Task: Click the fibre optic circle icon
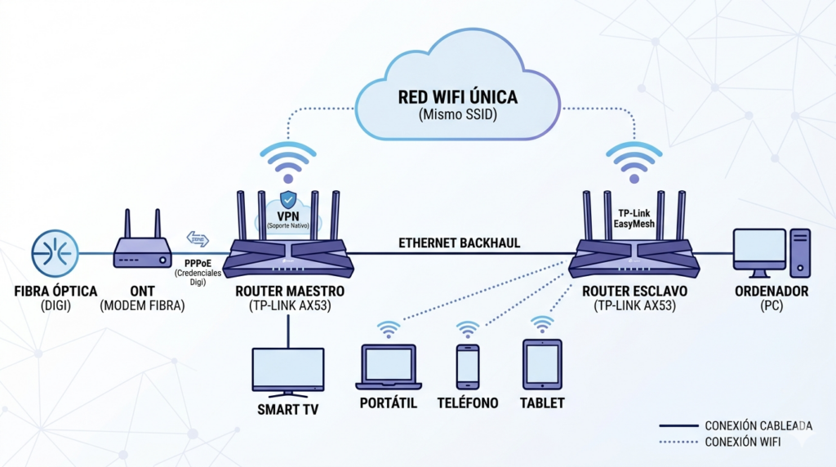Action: coord(55,252)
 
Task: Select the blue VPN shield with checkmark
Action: coord(288,200)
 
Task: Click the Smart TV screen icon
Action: coord(287,371)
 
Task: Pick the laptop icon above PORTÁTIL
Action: coord(389,366)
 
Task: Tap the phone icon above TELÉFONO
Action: coord(467,366)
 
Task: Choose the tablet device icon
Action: coord(541,364)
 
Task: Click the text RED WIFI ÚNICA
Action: coord(457,97)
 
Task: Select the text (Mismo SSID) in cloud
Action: coord(457,116)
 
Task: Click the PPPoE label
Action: coord(199,262)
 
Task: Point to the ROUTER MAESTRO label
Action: coord(289,291)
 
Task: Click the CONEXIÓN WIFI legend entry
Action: coord(741,443)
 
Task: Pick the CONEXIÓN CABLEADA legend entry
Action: coord(758,426)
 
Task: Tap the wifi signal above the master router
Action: coord(288,162)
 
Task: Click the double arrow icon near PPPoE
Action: coord(198,239)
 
